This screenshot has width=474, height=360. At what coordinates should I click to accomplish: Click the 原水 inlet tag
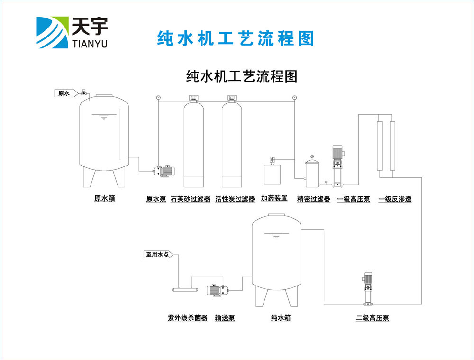[64, 93]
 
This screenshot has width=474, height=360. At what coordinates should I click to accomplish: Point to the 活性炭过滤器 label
[235, 199]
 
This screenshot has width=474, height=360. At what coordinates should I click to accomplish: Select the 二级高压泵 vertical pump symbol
[368, 289]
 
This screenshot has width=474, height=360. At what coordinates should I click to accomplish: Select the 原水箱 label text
[104, 199]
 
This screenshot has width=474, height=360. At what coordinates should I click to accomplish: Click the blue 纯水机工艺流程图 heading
[236, 38]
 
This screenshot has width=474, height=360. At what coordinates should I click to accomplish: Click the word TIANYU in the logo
[89, 44]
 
